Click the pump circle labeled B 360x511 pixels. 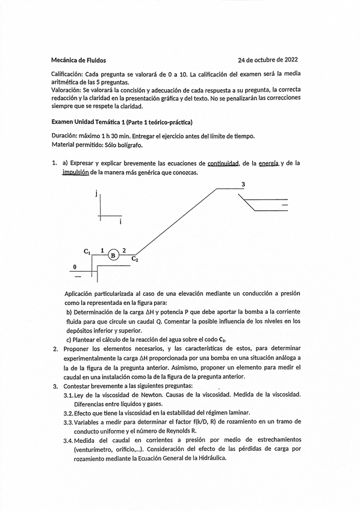tap(113, 255)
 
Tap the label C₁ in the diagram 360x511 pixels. tap(87, 251)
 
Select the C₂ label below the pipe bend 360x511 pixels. tap(135, 260)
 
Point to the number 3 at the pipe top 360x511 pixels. tap(243, 184)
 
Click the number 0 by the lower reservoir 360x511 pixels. tap(75, 266)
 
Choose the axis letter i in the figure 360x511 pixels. tap(120, 223)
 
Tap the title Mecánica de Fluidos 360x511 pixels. tap(79, 60)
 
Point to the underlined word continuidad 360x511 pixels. tap(223, 163)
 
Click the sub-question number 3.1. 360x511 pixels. tap(68, 394)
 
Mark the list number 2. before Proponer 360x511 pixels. tap(55, 348)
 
